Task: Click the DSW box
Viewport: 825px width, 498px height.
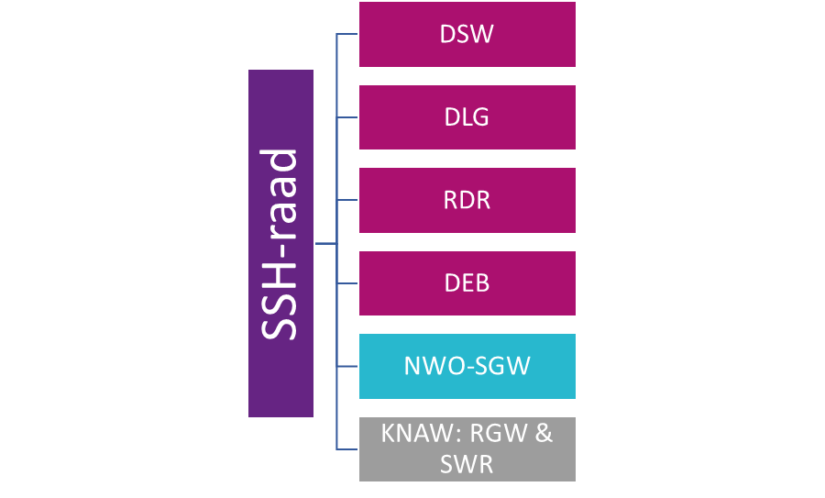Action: coord(467,35)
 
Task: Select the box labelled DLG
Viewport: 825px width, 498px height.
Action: coord(467,117)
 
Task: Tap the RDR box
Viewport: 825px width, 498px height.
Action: coord(467,200)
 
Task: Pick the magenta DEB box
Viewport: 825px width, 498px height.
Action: coord(467,282)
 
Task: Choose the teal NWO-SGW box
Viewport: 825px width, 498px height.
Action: coord(467,366)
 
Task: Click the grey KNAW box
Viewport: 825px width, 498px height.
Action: coord(467,448)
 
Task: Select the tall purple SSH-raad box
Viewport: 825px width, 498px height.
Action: coord(280,244)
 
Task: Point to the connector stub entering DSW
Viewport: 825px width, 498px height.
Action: coord(346,35)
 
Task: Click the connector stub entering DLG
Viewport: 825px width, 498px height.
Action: coord(346,117)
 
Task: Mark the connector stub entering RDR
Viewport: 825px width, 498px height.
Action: coord(346,200)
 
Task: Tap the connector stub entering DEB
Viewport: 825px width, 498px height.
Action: coord(346,282)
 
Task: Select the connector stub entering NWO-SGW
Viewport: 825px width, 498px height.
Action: coord(346,366)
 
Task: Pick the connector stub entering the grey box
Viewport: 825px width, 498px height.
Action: coord(346,448)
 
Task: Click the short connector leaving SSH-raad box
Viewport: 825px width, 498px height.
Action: coord(325,244)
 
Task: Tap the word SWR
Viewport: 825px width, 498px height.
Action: coord(467,464)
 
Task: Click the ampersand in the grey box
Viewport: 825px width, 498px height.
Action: coord(544,433)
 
